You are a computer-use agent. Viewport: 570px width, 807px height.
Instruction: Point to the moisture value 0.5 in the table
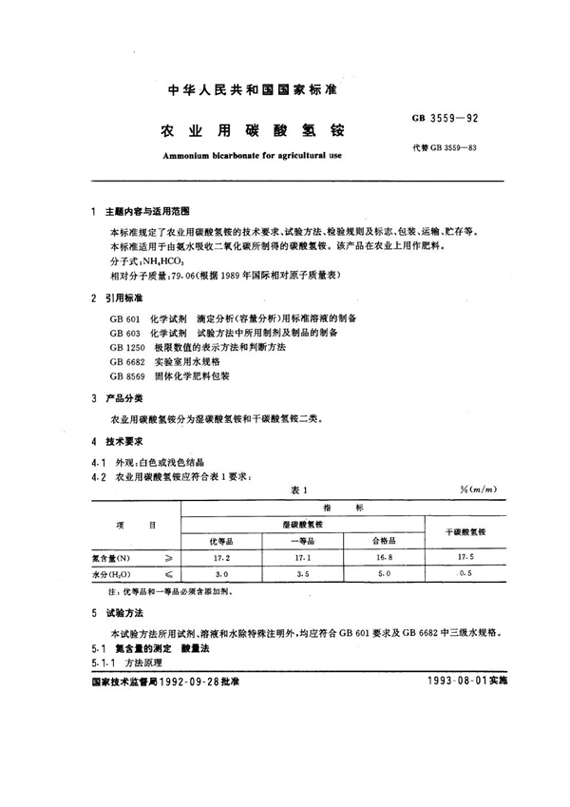coord(465,574)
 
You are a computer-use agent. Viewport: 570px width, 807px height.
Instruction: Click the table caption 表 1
coord(295,490)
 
